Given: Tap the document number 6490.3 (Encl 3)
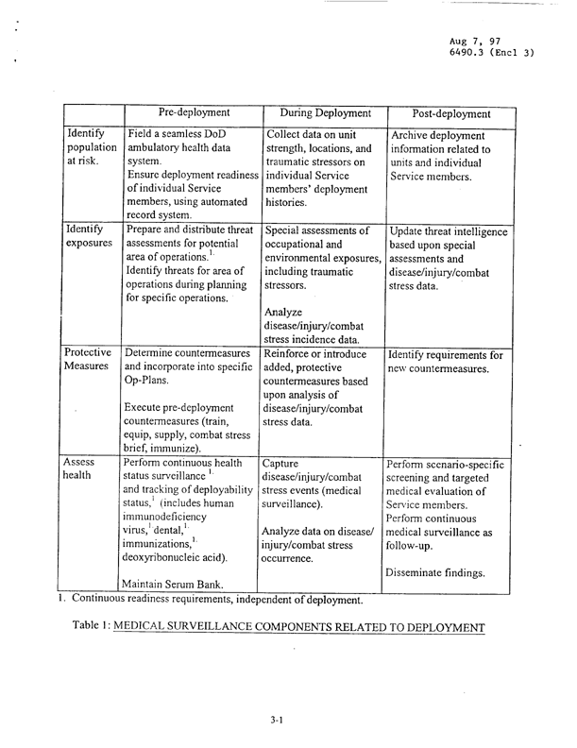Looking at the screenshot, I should coord(492,54).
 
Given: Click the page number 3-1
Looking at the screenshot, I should coord(277,720).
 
